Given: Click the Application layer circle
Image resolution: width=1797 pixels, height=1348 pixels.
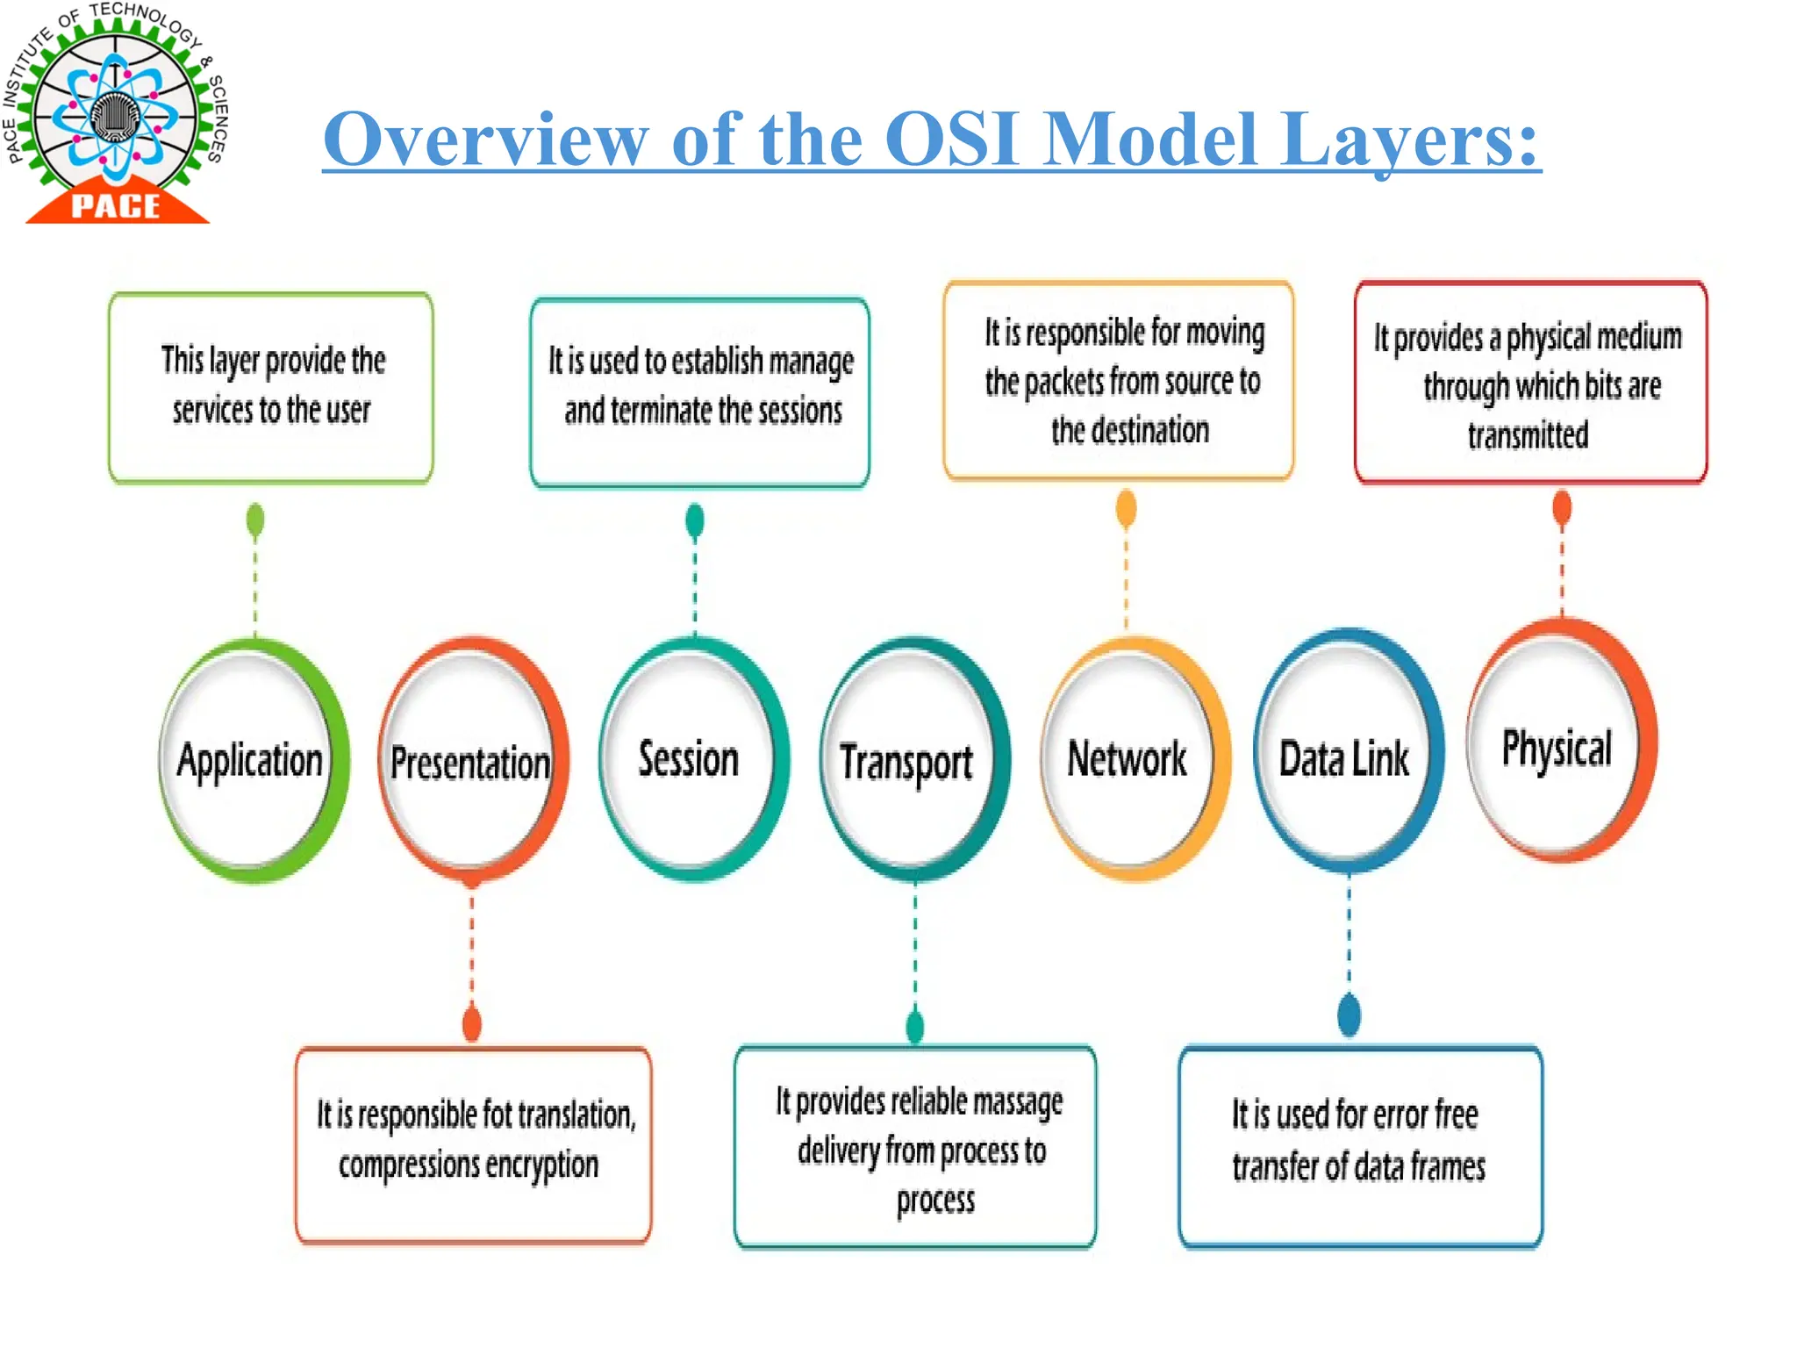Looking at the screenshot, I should (x=251, y=760).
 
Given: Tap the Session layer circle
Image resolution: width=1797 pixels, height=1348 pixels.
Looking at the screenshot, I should (x=691, y=759).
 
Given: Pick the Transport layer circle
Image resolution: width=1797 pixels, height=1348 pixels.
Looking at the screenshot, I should (x=909, y=761).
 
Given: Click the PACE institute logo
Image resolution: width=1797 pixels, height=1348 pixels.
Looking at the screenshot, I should (x=115, y=114).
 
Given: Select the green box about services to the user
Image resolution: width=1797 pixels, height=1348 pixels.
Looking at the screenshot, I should (x=271, y=387).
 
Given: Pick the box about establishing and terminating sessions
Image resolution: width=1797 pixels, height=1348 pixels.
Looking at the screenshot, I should (x=700, y=391).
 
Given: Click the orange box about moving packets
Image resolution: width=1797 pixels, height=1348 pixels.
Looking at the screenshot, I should (x=1119, y=380).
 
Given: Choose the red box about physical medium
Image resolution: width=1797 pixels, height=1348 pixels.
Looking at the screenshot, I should (x=1531, y=383).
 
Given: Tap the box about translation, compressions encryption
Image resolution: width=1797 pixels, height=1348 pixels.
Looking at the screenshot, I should (x=474, y=1144).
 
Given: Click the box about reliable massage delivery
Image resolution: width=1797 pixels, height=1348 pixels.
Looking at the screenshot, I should (x=916, y=1146).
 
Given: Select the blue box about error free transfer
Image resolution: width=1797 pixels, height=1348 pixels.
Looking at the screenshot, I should (x=1360, y=1145).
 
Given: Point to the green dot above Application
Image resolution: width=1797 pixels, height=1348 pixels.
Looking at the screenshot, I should (x=255, y=520).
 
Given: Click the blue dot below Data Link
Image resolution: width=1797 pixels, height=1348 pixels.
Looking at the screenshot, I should (x=1350, y=1015).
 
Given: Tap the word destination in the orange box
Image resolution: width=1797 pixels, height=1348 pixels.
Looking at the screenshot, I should (x=1130, y=431).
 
